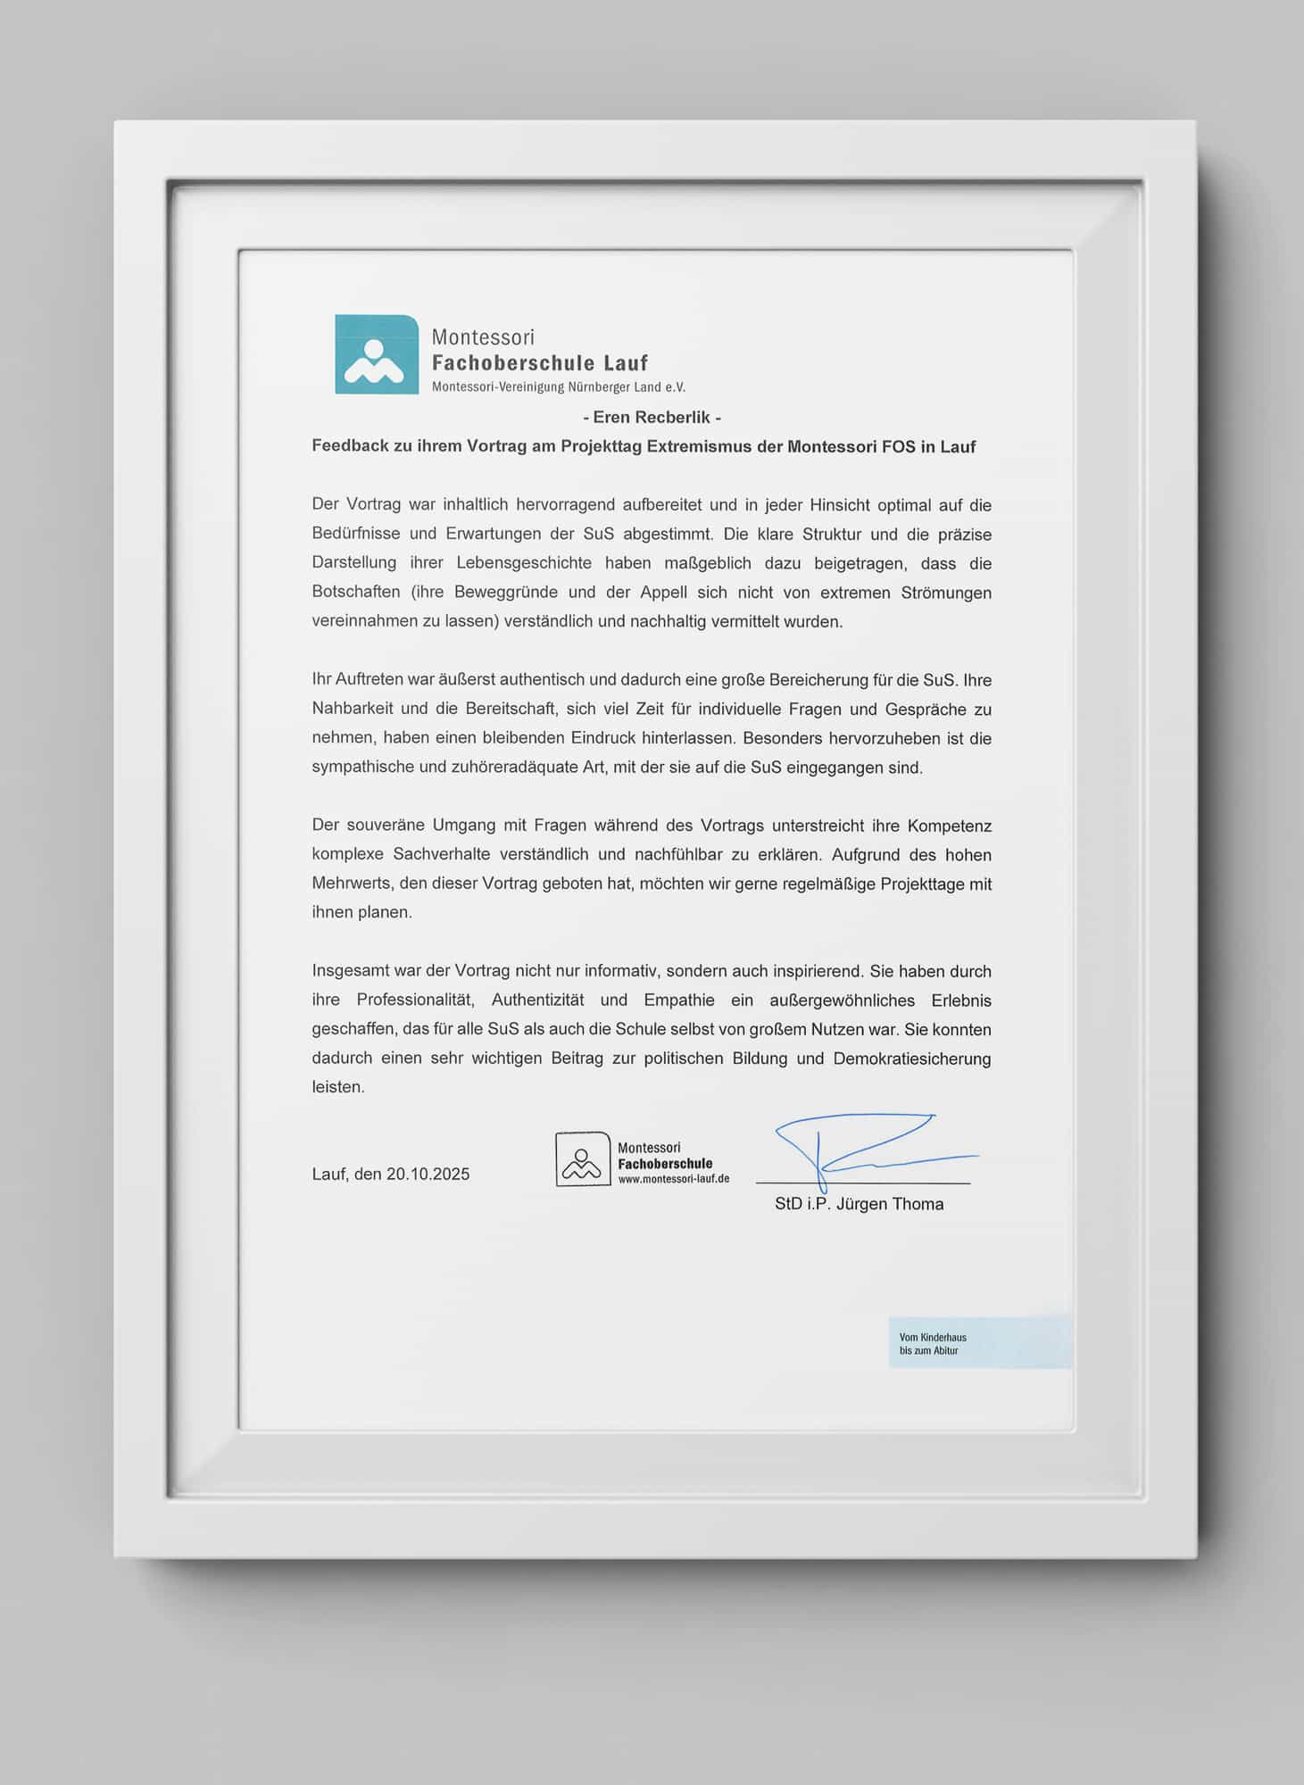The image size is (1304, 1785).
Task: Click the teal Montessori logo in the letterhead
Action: [x=377, y=354]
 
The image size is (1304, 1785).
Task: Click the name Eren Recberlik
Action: [x=651, y=417]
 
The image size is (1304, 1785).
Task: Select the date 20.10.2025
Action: [x=428, y=1174]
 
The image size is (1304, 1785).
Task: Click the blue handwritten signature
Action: [x=857, y=1147]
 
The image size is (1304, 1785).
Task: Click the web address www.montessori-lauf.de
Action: [x=674, y=1178]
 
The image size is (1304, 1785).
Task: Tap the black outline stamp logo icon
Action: [x=583, y=1159]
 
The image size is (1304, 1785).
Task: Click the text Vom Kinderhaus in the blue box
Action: [x=933, y=1337]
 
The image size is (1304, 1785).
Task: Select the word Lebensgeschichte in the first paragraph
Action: [x=523, y=563]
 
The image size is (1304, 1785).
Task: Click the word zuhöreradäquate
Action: [x=510, y=768]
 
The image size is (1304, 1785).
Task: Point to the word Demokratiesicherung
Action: [x=912, y=1059]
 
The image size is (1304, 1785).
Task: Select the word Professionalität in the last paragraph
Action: [x=415, y=1000]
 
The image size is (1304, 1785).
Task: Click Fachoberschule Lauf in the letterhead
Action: [x=540, y=363]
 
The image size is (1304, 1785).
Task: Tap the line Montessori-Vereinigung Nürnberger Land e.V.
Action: [x=559, y=387]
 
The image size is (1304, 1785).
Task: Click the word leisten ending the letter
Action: [x=337, y=1087]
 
